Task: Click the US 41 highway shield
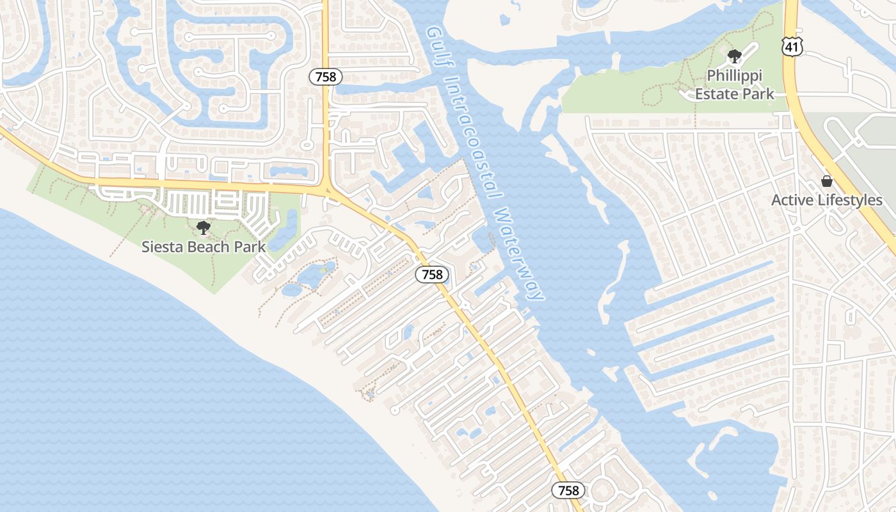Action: coord(792,45)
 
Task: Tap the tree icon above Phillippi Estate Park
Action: coord(734,56)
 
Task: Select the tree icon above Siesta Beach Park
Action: coord(203,227)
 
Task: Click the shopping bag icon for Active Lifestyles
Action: coord(826,181)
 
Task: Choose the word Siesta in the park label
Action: coord(163,246)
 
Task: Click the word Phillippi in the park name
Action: coord(735,76)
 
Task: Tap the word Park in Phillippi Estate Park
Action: coord(759,93)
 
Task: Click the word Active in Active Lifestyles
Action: coord(794,200)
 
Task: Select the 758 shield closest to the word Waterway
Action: coord(432,275)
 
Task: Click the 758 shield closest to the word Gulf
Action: coord(326,77)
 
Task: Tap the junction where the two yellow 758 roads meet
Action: coord(327,190)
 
